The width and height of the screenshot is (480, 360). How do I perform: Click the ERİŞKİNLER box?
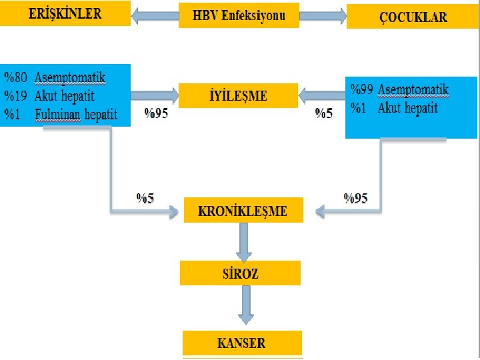click(65, 14)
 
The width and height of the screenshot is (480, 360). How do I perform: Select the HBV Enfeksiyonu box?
click(239, 15)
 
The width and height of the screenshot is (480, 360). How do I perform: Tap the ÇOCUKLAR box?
click(412, 17)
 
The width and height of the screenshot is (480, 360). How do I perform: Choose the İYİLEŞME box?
click(239, 95)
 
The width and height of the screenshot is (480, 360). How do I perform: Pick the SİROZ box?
click(240, 273)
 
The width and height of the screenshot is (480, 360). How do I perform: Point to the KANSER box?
click(242, 343)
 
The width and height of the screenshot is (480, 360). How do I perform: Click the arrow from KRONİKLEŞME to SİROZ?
click(244, 241)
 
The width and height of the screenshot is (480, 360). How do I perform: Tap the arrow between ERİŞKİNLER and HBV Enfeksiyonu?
click(155, 15)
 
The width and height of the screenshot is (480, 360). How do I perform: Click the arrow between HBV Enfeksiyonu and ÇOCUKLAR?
click(323, 15)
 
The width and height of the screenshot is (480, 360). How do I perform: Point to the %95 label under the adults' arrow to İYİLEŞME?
click(156, 114)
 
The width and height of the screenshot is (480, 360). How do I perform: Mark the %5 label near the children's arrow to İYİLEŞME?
click(323, 114)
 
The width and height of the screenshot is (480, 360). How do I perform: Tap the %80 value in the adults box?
click(17, 78)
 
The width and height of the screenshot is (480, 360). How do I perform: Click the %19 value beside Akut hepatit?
click(17, 96)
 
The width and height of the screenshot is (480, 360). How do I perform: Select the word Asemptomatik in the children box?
click(413, 90)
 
